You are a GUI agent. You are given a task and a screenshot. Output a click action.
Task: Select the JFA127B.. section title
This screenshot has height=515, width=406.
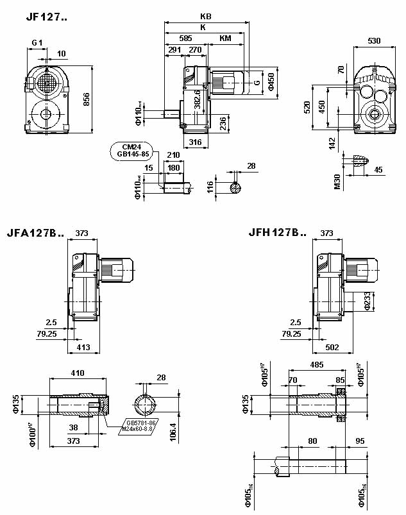(x=35, y=233)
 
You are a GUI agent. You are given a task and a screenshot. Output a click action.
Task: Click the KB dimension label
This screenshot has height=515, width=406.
(x=205, y=17)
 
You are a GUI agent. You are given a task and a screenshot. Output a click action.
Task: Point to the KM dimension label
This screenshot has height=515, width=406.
(x=225, y=38)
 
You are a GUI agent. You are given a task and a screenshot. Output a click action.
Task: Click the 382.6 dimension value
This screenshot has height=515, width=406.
(x=198, y=100)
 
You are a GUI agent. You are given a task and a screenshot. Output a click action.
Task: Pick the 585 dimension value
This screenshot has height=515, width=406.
(x=185, y=38)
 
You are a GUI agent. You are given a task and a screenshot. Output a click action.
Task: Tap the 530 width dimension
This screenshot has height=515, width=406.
(x=374, y=41)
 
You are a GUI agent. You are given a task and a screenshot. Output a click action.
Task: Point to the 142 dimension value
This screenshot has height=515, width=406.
(x=332, y=142)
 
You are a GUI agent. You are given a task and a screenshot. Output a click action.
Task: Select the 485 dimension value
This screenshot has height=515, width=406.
(x=317, y=364)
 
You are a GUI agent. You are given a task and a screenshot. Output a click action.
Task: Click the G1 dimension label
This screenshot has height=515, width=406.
(x=37, y=43)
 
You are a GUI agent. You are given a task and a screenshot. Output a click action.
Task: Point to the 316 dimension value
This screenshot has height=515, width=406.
(x=196, y=144)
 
